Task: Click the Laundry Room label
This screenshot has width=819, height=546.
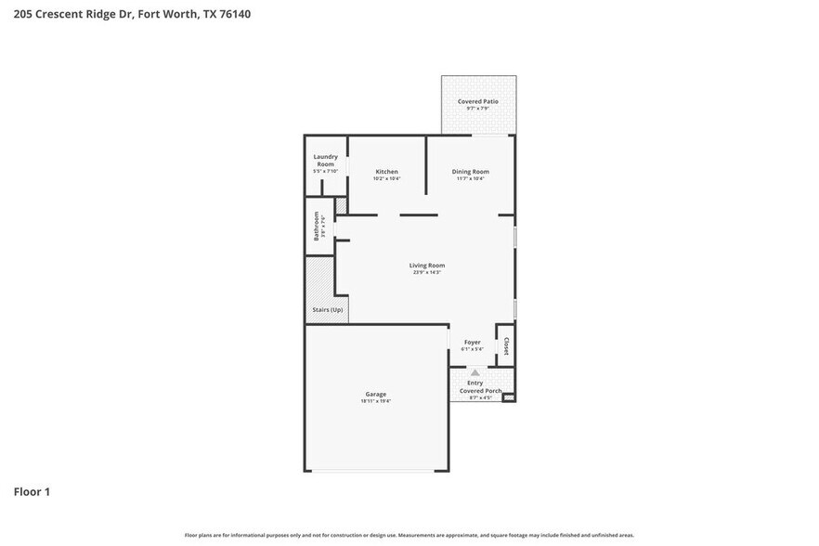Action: pos(325,160)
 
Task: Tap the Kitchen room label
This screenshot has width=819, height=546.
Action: pos(386,172)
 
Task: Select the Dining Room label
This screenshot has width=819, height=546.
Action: pos(470,172)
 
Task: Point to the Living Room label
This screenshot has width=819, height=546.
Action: pos(427,266)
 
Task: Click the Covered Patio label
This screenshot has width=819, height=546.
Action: pos(477,101)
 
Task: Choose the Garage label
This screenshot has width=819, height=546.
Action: pos(375,394)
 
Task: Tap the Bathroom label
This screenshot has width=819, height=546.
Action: pos(317,226)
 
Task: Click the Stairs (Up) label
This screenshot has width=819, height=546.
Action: pos(327,309)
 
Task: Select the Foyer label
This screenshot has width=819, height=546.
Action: pos(472,342)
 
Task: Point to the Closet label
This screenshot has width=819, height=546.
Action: pos(506,345)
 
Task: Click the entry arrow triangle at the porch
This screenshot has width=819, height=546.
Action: pos(474,372)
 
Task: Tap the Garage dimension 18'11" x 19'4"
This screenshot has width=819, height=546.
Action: pos(375,401)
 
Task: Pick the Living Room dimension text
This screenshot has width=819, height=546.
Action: pos(427,273)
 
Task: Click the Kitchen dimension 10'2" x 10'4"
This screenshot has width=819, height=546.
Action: pos(386,178)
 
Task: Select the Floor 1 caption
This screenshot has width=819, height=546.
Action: pos(32,491)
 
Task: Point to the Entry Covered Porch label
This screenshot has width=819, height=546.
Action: pos(478,386)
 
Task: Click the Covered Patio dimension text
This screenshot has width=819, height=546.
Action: pos(477,109)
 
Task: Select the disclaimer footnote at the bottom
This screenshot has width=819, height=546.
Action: pos(409,535)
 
